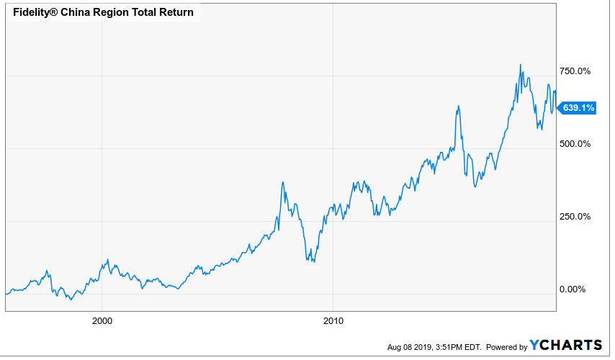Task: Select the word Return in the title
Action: coord(176,12)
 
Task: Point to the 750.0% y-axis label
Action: coord(575,71)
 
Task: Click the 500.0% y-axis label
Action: coord(575,144)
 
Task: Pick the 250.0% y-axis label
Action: coord(575,217)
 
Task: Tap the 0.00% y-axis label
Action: coord(573,289)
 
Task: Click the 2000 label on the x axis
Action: coord(102,321)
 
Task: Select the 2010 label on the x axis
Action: coord(333,321)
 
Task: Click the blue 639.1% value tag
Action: coord(577,108)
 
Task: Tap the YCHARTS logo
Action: coord(565,345)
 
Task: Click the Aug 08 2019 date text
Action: coord(410,347)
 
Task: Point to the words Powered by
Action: coord(506,347)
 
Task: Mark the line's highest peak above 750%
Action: coord(521,65)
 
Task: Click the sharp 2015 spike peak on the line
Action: coord(458,106)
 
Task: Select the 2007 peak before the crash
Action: coord(283,182)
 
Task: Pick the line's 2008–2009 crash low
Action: coord(314,262)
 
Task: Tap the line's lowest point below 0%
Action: coord(71,300)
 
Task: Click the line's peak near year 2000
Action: coord(108,260)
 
